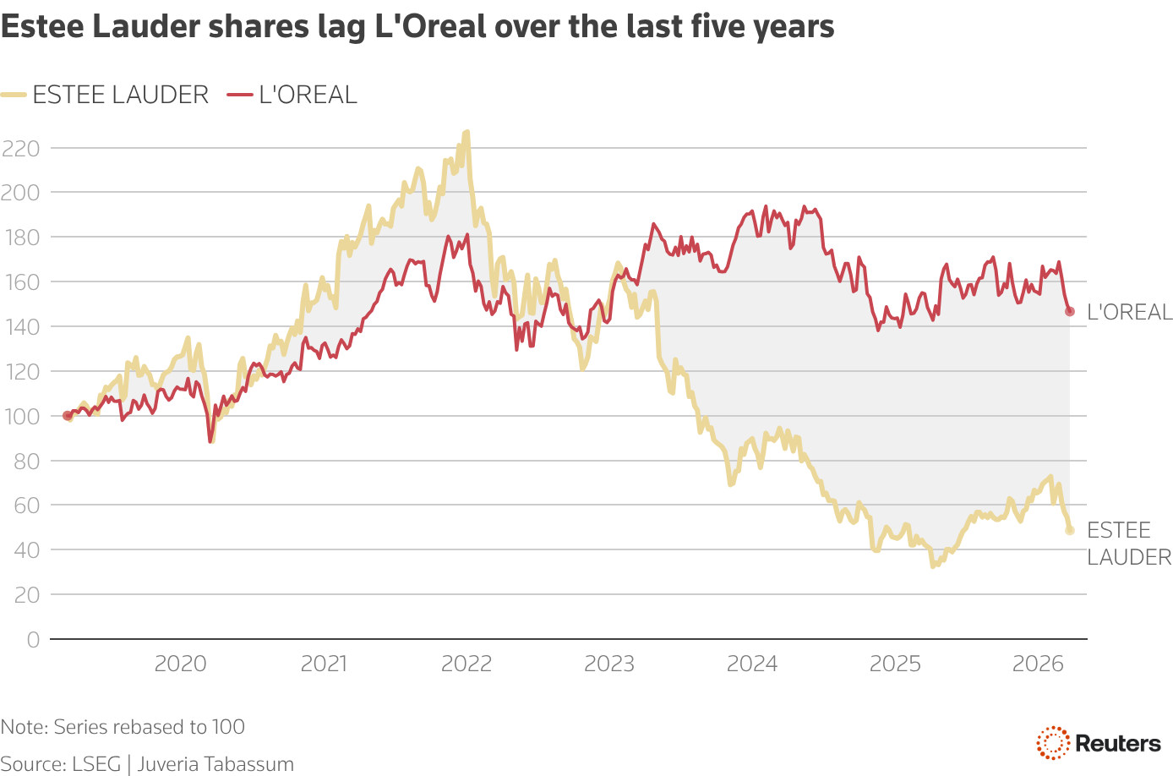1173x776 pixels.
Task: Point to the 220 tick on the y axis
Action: pyautogui.click(x=22, y=149)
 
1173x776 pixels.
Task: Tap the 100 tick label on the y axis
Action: pyautogui.click(x=22, y=417)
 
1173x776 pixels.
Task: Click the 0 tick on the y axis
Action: pyautogui.click(x=33, y=640)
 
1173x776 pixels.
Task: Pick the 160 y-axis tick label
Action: pyautogui.click(x=22, y=282)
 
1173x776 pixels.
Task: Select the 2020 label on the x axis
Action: pyautogui.click(x=180, y=664)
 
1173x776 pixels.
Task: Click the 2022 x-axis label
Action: pyautogui.click(x=466, y=664)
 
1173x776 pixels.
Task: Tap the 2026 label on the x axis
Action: pyautogui.click(x=1038, y=664)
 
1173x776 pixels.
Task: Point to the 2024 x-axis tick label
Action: pyautogui.click(x=752, y=664)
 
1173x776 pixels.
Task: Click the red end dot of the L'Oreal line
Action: pyautogui.click(x=1069, y=312)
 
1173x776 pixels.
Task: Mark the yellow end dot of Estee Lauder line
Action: pyautogui.click(x=1069, y=530)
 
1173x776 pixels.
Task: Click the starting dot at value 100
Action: pyautogui.click(x=68, y=416)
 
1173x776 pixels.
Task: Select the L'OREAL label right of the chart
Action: pyautogui.click(x=1129, y=313)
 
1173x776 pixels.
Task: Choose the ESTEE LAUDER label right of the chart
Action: pyautogui.click(x=1128, y=544)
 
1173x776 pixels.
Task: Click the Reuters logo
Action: pyautogui.click(x=1099, y=743)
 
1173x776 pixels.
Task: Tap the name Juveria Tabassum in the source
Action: pyautogui.click(x=216, y=764)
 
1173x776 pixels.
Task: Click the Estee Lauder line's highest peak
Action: pyautogui.click(x=466, y=132)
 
